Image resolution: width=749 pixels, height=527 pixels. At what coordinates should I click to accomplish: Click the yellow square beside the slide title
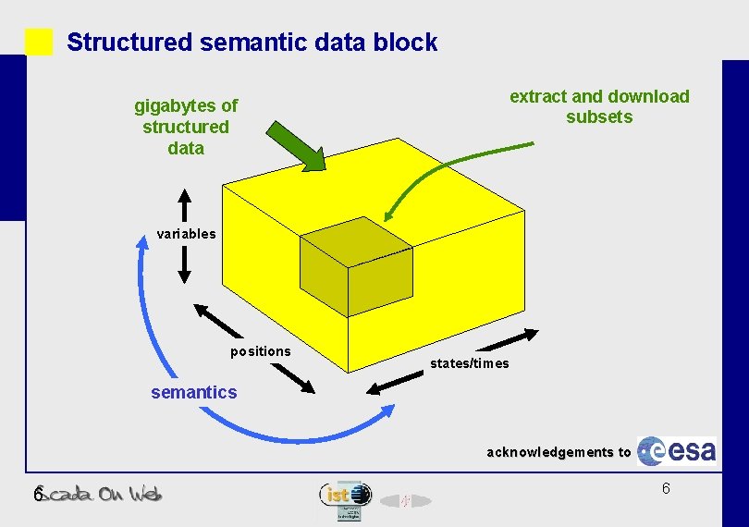tap(39, 42)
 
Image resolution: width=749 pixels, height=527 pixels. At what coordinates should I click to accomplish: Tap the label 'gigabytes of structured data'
tap(186, 127)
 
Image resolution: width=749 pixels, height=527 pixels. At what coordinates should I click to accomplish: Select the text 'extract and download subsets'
tap(599, 106)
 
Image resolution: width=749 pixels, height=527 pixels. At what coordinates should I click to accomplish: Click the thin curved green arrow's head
tap(391, 214)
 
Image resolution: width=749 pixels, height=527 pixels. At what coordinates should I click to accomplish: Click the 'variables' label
tap(186, 234)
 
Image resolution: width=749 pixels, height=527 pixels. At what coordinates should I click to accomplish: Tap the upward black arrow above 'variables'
tap(185, 205)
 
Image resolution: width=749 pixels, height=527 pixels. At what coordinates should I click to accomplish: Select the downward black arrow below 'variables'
tap(185, 263)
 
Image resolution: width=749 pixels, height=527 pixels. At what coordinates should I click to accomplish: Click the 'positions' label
tap(261, 351)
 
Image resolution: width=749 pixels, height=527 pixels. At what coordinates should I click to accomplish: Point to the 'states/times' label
tap(469, 363)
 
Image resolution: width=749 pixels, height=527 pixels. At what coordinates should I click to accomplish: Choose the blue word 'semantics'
tap(194, 393)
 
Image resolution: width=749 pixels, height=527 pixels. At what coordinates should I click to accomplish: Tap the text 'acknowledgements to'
tap(559, 452)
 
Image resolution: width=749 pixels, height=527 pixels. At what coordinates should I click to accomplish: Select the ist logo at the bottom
tap(345, 496)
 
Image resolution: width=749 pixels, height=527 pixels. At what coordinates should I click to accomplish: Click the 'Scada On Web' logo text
tap(103, 494)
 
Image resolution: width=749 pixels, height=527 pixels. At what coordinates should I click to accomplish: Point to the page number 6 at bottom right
tap(666, 488)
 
